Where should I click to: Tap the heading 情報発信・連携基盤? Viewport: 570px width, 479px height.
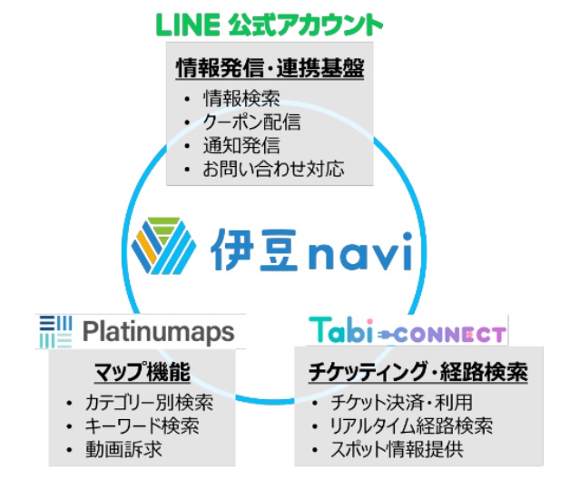coord(270,68)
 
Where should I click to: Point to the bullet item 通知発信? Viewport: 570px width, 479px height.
coord(241,145)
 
